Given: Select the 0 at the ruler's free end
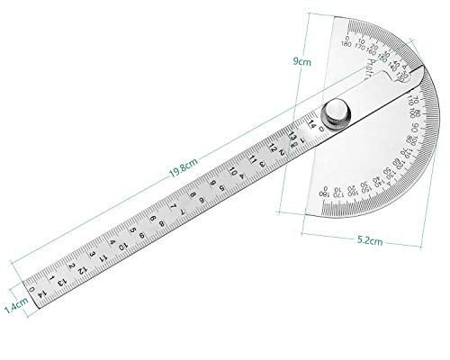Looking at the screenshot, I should (33, 290).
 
